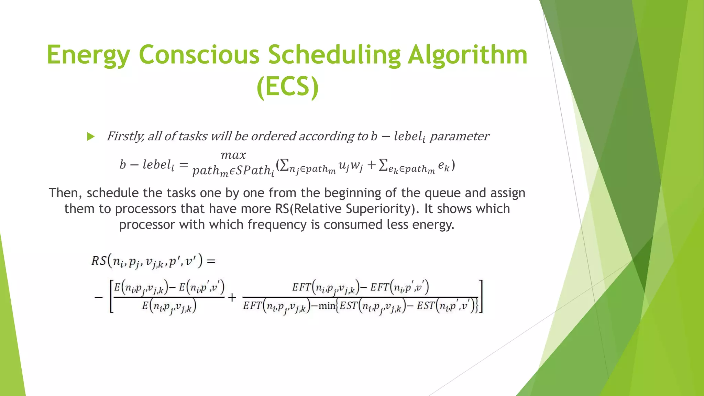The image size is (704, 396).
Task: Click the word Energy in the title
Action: coord(88,55)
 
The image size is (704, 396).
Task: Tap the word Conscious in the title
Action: coord(199,55)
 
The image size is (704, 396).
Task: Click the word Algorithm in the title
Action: coord(467,55)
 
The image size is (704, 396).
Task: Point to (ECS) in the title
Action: coord(288,87)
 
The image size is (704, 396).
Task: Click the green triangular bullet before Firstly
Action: coord(91,137)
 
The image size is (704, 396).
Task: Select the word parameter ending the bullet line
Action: coord(459,136)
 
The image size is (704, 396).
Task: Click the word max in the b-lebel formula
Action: coord(233,155)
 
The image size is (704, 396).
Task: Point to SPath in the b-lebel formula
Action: coord(253,170)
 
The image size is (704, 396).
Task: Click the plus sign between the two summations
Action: coord(371,165)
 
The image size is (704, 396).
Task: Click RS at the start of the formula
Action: coord(99,261)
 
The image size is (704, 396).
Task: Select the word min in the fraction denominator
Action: coord(327,306)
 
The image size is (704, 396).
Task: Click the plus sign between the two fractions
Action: coord(232,297)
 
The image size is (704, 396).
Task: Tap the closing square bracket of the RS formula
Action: coord(481,296)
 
